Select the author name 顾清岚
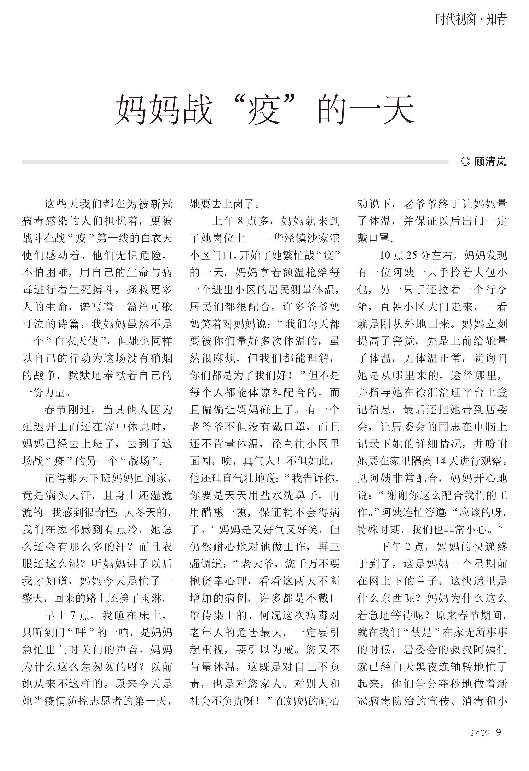[490, 162]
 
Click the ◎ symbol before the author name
[466, 162]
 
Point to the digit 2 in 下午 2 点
[409, 547]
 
